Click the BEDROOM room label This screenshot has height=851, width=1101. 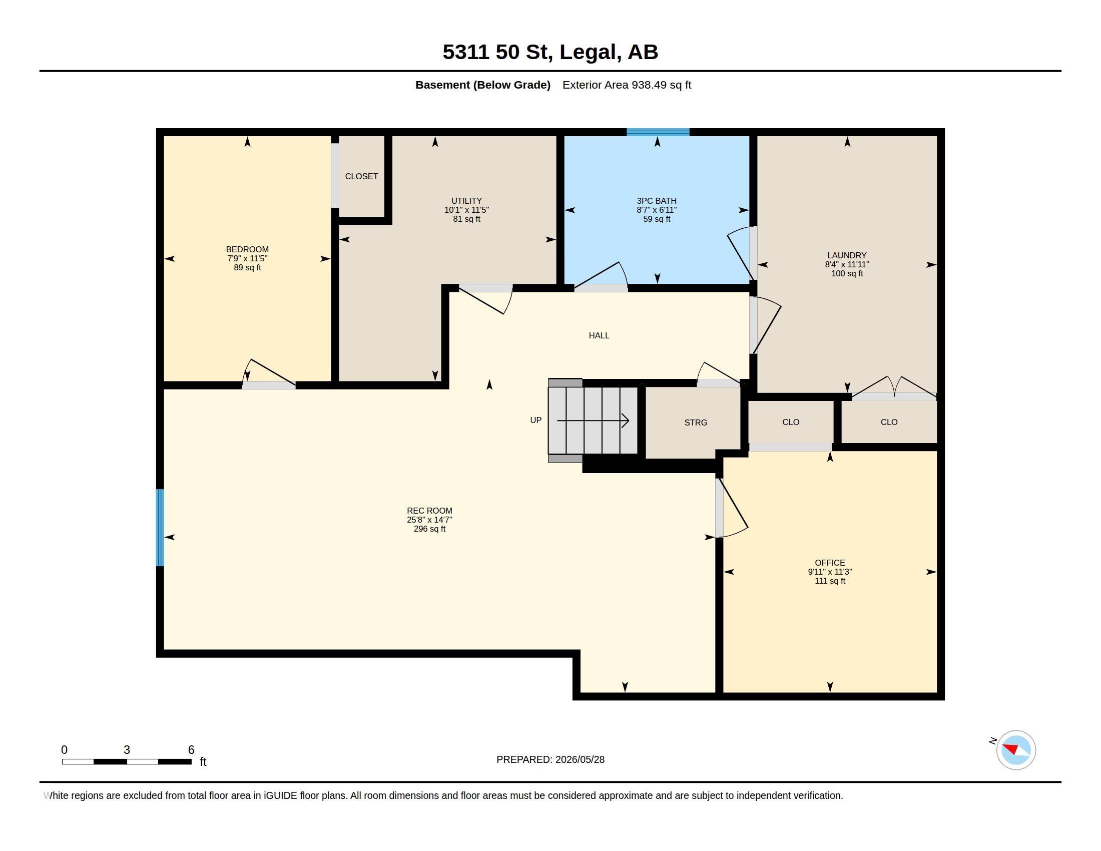coord(247,249)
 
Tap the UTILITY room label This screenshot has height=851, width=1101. coord(466,201)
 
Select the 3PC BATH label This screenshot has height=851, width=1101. coord(657,201)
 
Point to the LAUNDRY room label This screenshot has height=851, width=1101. coord(847,255)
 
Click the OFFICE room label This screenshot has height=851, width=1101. coord(830,563)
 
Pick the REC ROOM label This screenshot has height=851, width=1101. coord(429,511)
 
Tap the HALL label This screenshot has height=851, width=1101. coord(599,335)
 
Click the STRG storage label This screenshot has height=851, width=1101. coord(696,422)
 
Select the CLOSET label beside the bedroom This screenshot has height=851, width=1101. coord(361,176)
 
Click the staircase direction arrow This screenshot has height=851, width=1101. coord(593,420)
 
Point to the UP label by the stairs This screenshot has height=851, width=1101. coord(536,420)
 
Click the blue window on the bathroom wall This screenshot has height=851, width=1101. coord(658,132)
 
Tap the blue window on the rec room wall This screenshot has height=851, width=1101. coord(160,527)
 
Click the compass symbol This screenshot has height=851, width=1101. coord(1016,750)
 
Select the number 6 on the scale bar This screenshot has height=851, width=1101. coord(191,750)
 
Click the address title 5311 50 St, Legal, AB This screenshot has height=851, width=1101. coord(550,52)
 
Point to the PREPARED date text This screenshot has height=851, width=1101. coord(550,759)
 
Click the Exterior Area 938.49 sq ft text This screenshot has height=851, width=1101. coord(627,85)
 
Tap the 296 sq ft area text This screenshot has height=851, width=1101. coord(429,529)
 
